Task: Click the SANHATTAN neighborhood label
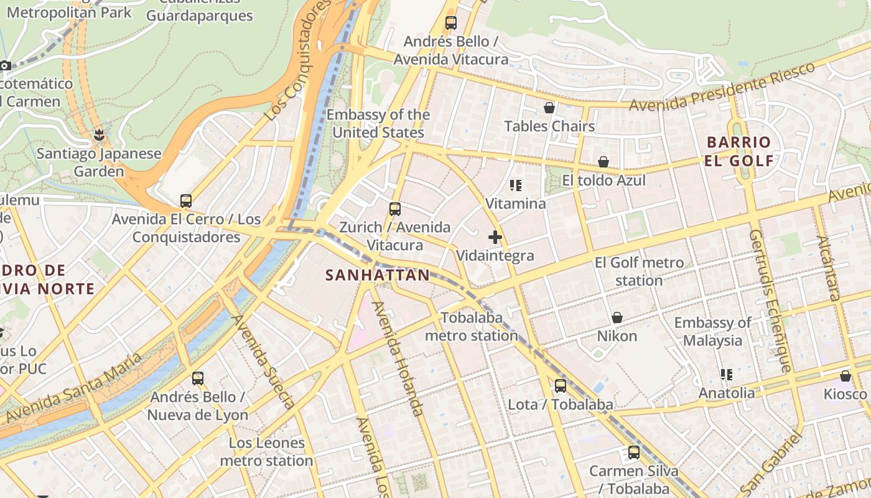tap(378, 275)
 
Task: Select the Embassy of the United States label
tap(378, 123)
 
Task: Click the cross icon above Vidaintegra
tap(495, 237)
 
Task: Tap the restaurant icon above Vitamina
tap(515, 186)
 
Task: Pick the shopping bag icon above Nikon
tap(617, 318)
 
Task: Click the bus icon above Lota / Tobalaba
tap(561, 386)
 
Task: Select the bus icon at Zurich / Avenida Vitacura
tap(394, 209)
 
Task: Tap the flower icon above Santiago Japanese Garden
tap(98, 134)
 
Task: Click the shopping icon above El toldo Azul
tap(603, 162)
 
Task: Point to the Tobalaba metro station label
tap(471, 327)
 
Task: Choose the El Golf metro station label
tap(639, 271)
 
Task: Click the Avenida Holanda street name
tap(398, 359)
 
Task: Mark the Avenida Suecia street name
tap(263, 362)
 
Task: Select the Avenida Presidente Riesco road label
tap(722, 88)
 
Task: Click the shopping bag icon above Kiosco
tap(845, 376)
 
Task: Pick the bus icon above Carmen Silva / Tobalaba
tap(633, 453)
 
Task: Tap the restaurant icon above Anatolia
tap(726, 375)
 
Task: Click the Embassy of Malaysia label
tap(712, 331)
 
